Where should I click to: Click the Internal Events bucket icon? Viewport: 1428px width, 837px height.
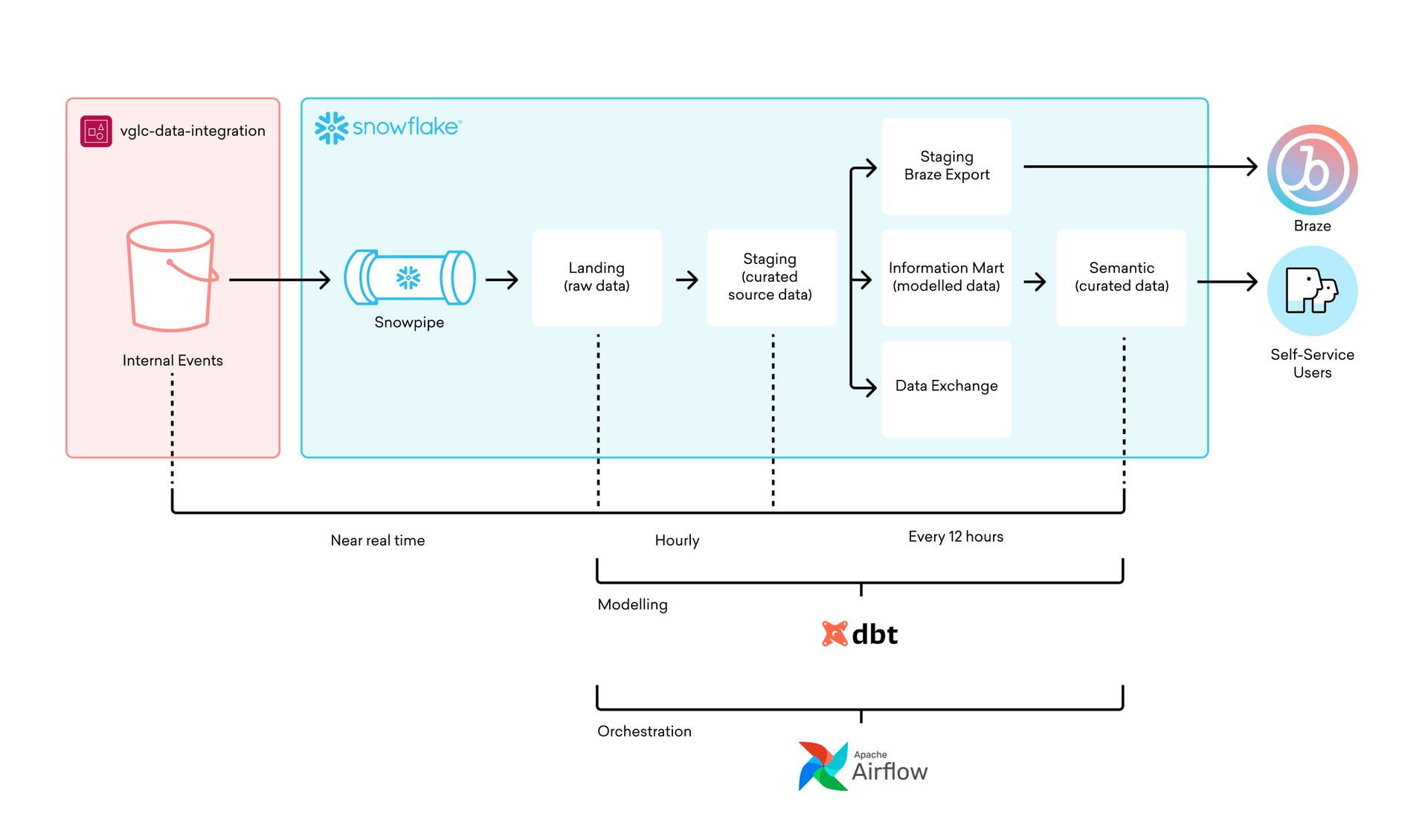click(x=172, y=276)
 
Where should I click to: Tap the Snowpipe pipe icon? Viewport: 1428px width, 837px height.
click(x=409, y=277)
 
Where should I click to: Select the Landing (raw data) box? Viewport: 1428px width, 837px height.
click(x=596, y=277)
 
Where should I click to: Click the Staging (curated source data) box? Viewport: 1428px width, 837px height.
click(x=771, y=277)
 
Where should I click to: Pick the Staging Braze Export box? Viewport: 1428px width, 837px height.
click(x=946, y=167)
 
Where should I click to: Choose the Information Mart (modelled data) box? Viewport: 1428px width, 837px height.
click(x=946, y=277)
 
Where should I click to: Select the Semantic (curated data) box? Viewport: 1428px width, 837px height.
click(x=1121, y=277)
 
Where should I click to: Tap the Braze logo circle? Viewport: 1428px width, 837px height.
click(x=1312, y=169)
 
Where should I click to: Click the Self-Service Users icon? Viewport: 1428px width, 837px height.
click(x=1312, y=291)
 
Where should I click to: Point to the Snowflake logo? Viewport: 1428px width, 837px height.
click(x=387, y=128)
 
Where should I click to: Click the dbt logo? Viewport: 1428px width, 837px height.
click(x=860, y=634)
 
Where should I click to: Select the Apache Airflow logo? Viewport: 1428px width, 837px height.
click(x=863, y=766)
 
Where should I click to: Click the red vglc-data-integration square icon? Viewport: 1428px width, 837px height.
click(x=96, y=132)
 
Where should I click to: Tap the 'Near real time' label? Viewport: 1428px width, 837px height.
click(x=378, y=540)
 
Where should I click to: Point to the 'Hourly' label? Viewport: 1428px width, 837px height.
click(x=677, y=540)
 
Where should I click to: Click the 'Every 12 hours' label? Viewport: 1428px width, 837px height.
click(x=955, y=537)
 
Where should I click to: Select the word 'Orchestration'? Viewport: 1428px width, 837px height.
click(x=644, y=731)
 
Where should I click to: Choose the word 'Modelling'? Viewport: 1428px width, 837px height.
click(x=632, y=604)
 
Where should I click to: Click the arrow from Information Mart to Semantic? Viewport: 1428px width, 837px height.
click(x=1035, y=282)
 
